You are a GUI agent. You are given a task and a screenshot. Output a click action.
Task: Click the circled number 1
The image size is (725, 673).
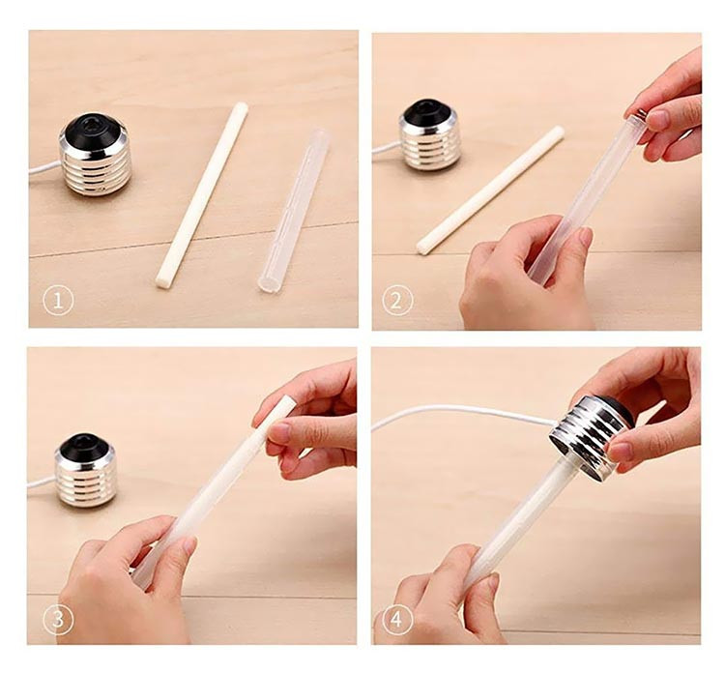[58, 301]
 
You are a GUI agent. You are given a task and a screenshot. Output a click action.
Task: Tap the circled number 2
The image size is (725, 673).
[397, 301]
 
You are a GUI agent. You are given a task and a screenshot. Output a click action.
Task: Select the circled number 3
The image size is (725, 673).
[58, 619]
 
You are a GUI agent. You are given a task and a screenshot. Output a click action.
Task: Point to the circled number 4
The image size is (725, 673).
[396, 620]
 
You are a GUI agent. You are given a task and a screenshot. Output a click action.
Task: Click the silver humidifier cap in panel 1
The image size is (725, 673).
[96, 155]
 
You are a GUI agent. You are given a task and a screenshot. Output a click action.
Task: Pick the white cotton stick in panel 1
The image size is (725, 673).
[202, 195]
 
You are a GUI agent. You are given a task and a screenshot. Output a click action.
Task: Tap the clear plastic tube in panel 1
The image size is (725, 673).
[293, 211]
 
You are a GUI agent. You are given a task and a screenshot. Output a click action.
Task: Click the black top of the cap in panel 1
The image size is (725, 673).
[93, 130]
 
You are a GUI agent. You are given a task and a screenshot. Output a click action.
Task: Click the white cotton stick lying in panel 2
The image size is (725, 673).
[490, 190]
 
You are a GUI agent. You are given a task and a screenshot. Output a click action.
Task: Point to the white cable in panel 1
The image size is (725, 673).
[44, 168]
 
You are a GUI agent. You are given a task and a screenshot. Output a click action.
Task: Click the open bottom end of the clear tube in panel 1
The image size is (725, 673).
[268, 283]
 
